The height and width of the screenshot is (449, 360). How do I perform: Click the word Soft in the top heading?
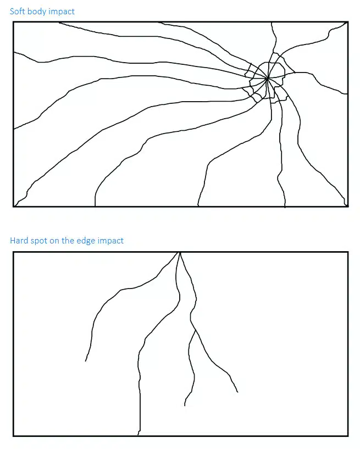pos(17,11)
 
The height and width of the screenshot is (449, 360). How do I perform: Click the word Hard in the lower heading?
pos(19,240)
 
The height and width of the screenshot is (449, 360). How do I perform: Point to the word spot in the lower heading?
pos(38,241)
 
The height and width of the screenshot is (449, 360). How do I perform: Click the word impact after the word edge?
pos(110,241)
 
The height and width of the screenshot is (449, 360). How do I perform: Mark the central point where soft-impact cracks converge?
pos(267,78)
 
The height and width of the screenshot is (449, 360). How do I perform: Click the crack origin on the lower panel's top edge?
pos(180,253)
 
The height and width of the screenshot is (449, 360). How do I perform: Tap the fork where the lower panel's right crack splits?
pos(196,331)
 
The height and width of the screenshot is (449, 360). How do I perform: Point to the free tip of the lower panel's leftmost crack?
pos(85,361)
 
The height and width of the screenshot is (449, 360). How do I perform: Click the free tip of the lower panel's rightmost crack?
pos(237,392)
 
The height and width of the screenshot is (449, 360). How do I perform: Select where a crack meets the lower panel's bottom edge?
pos(139,435)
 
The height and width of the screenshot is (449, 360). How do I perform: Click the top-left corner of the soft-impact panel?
pos(13,22)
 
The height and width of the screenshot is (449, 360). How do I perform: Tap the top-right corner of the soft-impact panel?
pos(348,22)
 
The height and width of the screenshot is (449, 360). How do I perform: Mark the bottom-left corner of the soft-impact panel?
pos(13,206)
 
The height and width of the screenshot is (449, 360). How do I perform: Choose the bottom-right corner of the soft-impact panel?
pos(348,206)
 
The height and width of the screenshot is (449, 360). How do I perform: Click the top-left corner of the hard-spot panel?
pos(13,252)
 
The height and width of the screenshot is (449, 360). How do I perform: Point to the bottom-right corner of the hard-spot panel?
pos(348,436)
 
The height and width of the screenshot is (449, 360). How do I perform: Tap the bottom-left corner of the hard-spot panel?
pos(13,436)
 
